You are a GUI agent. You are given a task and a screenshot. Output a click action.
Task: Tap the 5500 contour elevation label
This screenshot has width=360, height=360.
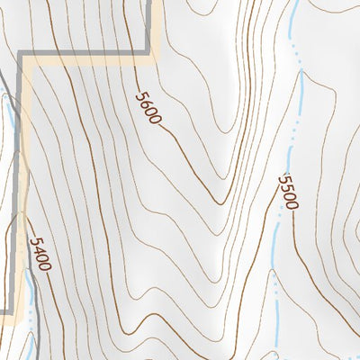288,191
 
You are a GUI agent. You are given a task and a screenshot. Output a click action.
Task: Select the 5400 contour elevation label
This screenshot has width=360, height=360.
40,254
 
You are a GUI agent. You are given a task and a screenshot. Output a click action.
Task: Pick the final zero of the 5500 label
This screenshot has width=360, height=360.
291,204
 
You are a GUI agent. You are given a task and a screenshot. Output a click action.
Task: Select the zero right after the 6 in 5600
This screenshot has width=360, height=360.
151,112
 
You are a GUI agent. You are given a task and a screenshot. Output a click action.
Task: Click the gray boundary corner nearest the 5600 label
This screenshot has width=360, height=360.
148,55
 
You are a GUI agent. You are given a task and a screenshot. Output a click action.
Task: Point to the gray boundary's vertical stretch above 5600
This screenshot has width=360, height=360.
148,22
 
